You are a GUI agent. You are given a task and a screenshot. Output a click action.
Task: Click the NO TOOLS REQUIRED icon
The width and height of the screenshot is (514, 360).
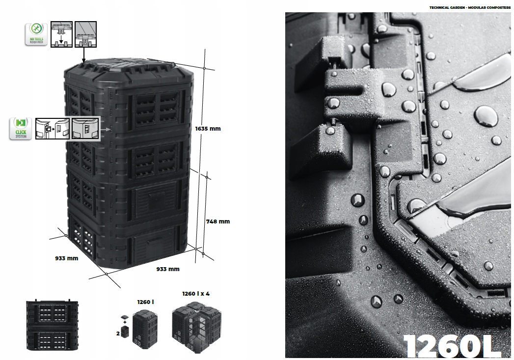pyautogui.click(x=36, y=33)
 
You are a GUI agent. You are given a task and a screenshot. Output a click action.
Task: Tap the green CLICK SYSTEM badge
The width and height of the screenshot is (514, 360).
pyautogui.click(x=21, y=129)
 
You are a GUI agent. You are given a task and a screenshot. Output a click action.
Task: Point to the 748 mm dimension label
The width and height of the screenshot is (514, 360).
pyautogui.click(x=217, y=221)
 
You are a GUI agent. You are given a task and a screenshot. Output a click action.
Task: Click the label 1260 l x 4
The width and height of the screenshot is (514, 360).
pyautogui.click(x=195, y=294)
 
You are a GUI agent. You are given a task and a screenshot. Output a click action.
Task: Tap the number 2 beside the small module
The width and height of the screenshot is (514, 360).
pyautogui.click(x=118, y=333)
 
